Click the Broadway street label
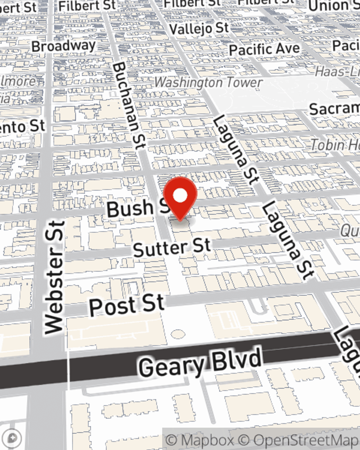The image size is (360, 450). pyautogui.click(x=64, y=46)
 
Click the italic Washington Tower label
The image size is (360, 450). pyautogui.click(x=208, y=82)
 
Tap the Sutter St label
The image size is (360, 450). pyautogui.click(x=172, y=248)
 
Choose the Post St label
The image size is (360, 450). pyautogui.click(x=127, y=306)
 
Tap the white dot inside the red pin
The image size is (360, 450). pyautogui.click(x=180, y=196)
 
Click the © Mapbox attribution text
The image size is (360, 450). pyautogui.click(x=199, y=440)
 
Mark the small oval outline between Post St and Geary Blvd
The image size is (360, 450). pyautogui.click(x=177, y=334)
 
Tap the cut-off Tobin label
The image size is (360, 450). pyautogui.click(x=335, y=145)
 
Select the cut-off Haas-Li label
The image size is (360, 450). pyautogui.click(x=337, y=72)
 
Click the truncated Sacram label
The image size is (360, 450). pyautogui.click(x=334, y=109)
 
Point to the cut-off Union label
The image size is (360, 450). pyautogui.click(x=333, y=6)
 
